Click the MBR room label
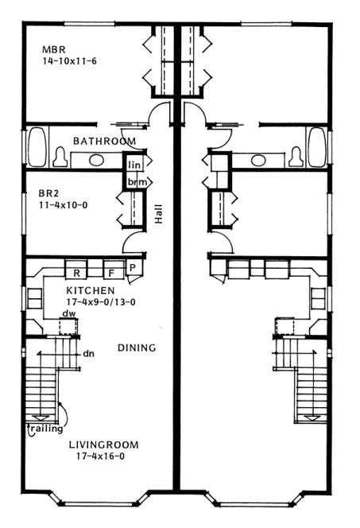click(x=52, y=49)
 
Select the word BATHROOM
click(x=104, y=141)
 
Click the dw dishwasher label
click(x=69, y=313)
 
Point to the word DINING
click(x=136, y=348)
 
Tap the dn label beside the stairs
click(x=89, y=355)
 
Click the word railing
click(x=47, y=430)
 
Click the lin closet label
click(x=134, y=165)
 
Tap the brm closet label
click(x=134, y=182)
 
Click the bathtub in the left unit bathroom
click(x=37, y=148)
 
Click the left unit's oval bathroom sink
click(x=95, y=160)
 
